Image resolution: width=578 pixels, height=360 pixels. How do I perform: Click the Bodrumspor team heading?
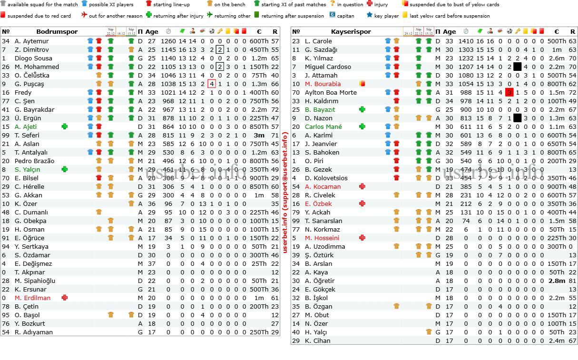coord(57,32)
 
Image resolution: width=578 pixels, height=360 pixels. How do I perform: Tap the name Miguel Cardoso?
coord(328,67)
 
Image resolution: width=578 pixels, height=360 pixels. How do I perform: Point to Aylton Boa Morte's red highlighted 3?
coord(509,92)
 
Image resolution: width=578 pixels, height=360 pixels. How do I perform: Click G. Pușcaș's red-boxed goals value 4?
coord(212,84)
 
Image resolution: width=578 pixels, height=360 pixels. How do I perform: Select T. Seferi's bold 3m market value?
coord(259,135)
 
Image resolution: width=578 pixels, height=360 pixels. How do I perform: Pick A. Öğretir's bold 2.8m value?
coord(556,281)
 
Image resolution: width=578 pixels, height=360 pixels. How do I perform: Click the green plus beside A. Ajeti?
coord(65,126)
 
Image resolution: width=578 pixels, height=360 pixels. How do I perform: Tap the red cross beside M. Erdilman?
coord(65,298)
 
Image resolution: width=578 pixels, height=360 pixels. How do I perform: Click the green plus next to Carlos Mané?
coord(362,126)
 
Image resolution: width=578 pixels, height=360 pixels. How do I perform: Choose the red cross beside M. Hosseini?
coord(362,238)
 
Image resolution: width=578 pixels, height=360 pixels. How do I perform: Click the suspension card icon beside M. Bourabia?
coord(362,84)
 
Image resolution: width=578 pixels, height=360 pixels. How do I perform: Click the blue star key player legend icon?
coord(369,15)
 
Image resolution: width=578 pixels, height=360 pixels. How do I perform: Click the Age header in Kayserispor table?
coord(449,32)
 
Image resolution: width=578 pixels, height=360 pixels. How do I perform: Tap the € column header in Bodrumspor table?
coord(259,32)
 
